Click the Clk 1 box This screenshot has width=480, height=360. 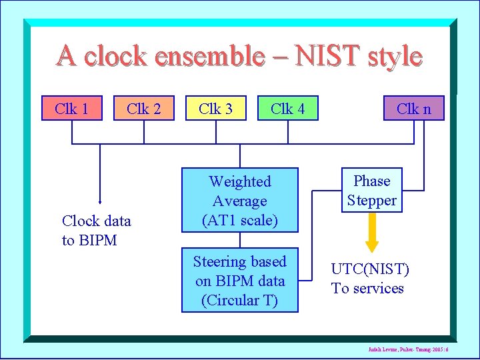tap(72, 108)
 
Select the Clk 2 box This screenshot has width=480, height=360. tap(144, 108)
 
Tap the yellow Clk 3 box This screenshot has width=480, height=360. tap(216, 108)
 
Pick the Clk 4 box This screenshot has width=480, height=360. tap(288, 108)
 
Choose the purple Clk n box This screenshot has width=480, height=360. tap(414, 108)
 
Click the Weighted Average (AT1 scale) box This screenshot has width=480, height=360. tap(240, 201)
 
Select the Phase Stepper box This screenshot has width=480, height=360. tap(372, 191)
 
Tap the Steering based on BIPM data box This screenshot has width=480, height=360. tap(240, 281)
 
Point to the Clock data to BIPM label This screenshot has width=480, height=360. tap(97, 231)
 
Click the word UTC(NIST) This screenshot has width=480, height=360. tap(371, 269)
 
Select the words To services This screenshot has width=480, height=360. tap(368, 289)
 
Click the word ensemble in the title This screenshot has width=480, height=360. tap(208, 56)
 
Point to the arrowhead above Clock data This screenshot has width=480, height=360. tap(100, 200)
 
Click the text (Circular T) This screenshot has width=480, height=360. tap(239, 301)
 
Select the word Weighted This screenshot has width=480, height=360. tap(240, 181)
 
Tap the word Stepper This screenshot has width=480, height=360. tap(372, 200)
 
